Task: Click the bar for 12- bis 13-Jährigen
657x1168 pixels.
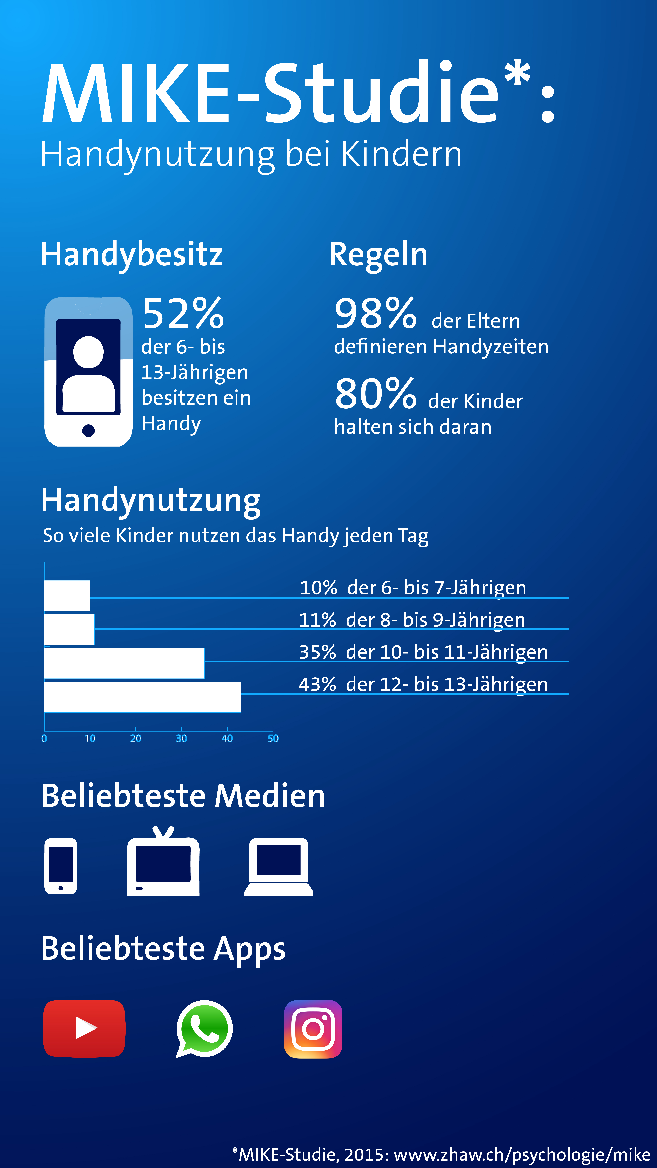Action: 142,697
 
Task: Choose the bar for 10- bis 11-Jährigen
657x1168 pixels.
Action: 124,663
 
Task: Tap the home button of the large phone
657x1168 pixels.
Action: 88,430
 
